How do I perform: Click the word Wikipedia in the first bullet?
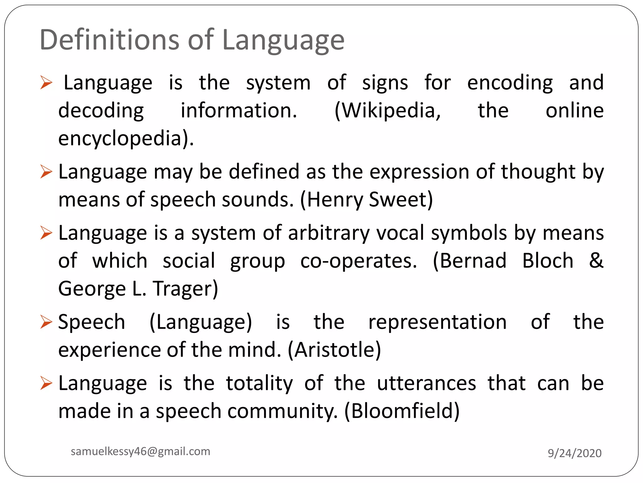click(x=388, y=111)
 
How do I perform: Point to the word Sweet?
click(x=398, y=200)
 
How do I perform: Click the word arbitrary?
click(x=329, y=233)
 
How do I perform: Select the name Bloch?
click(x=548, y=261)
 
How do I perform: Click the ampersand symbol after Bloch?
click(x=596, y=261)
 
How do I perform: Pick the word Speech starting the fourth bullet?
click(x=92, y=322)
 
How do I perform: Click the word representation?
click(x=437, y=322)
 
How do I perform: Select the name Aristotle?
click(x=334, y=350)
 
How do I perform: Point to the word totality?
click(x=259, y=383)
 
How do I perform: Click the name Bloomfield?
click(x=402, y=411)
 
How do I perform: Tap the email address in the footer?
click(x=140, y=451)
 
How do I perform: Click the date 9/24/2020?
click(x=575, y=453)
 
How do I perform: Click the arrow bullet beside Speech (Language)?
click(x=46, y=322)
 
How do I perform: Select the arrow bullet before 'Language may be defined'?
click(x=46, y=172)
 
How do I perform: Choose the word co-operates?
click(x=359, y=261)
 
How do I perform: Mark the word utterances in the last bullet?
click(x=426, y=383)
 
